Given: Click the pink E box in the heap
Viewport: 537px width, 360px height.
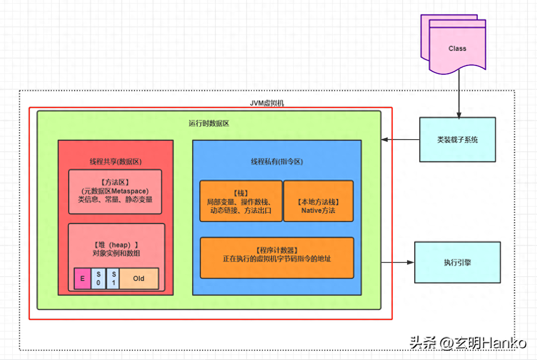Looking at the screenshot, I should click(82, 278).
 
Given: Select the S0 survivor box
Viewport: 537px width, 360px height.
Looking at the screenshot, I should click(98, 278).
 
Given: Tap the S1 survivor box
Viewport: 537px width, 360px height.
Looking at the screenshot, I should click(113, 278).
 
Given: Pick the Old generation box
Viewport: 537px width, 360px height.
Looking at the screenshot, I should click(139, 278).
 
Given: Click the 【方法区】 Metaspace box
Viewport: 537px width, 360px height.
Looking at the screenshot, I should click(115, 191).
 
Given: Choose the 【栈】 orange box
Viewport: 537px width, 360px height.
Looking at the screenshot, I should click(241, 201).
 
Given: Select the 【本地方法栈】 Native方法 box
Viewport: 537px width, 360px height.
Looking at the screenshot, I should click(318, 201).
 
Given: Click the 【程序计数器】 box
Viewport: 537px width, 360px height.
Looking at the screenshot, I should click(277, 257).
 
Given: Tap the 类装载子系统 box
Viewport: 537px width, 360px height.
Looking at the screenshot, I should click(458, 140).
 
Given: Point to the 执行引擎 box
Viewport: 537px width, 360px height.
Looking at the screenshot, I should click(458, 262).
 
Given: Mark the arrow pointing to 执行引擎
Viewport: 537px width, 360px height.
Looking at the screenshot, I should click(398, 262).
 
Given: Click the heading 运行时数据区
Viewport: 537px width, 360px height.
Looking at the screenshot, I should click(209, 124).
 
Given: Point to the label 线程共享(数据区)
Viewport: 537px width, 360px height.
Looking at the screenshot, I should click(115, 161).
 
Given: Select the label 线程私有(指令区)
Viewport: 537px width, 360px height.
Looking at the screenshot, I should click(277, 161).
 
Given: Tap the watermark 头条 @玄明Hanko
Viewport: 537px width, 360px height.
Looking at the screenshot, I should click(468, 343).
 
